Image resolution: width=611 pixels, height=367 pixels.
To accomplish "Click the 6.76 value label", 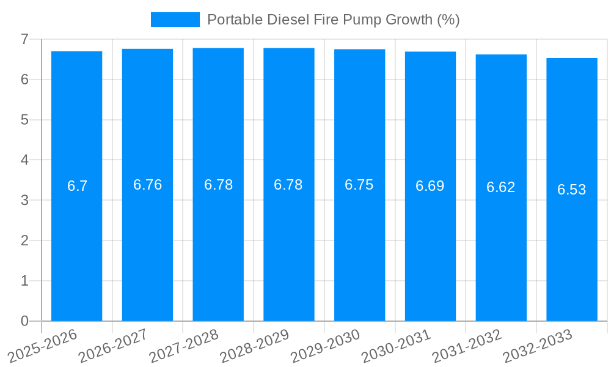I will point(147,185).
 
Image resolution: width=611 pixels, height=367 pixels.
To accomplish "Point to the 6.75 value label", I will point(359,185).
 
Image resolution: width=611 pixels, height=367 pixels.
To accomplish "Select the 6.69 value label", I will point(430,187).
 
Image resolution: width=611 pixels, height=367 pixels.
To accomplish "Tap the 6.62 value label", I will point(501,188).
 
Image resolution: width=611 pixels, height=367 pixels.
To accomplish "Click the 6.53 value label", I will point(572,190).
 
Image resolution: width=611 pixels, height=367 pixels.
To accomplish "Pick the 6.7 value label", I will point(78,187).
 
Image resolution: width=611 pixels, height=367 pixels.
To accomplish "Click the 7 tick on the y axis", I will point(24,39).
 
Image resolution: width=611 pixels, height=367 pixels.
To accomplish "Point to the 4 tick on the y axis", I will point(24,160).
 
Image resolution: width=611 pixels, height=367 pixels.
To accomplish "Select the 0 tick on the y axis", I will point(24,321).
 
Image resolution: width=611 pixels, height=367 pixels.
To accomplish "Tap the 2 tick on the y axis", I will point(24,240).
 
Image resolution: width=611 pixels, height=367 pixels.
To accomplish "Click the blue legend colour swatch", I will point(175,20).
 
